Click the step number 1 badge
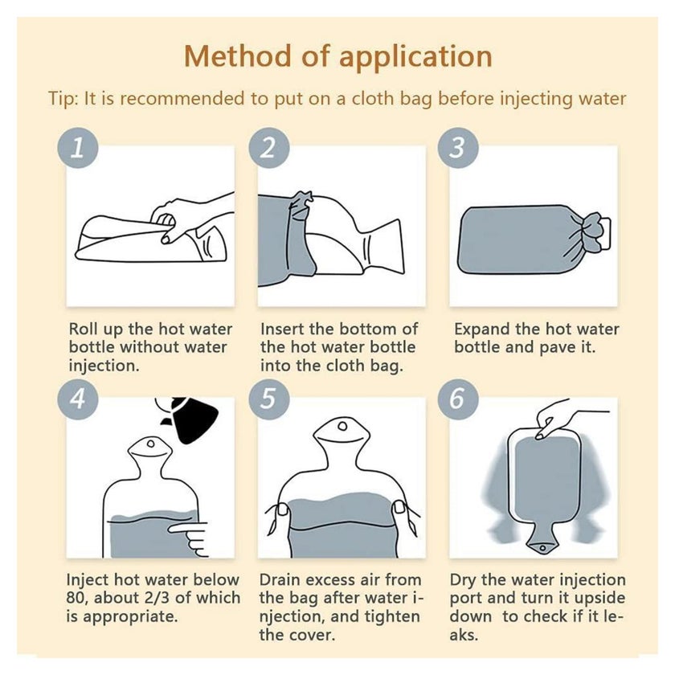(78, 147)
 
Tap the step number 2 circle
(269, 147)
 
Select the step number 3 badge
(458, 147)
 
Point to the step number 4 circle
(78, 399)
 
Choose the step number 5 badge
(269, 399)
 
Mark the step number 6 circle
(458, 399)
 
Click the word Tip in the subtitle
(63, 99)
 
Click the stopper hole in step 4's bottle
(151, 444)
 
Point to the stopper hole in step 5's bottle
(342, 427)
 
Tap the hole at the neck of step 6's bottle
(542, 548)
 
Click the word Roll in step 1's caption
(84, 329)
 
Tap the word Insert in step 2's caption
(282, 329)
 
